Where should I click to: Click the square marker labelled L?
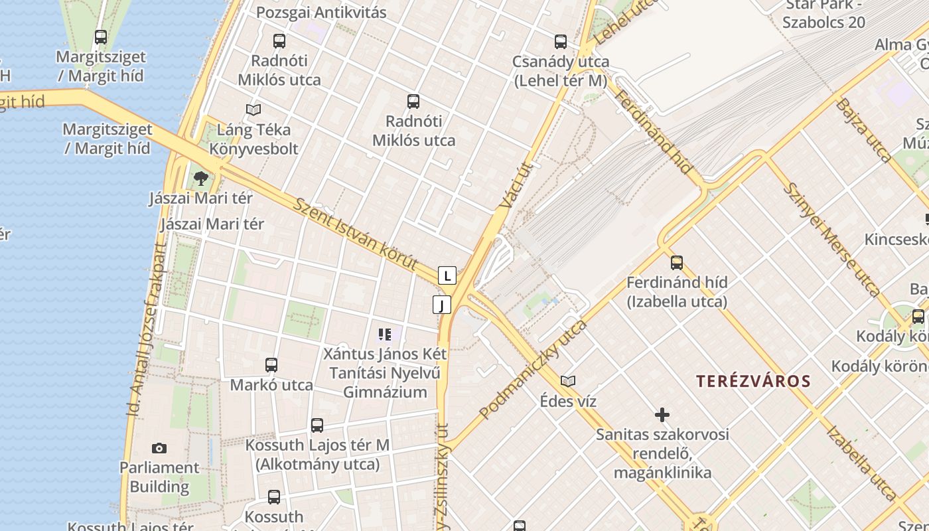pos(447,275)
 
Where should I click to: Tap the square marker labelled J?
pos(442,305)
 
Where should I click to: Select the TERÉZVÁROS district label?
pos(753,381)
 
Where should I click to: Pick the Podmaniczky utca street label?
pos(533,369)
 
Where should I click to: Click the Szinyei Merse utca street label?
pos(831,239)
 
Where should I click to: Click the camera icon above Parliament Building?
pos(159,448)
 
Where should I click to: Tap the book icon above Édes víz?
pos(568,381)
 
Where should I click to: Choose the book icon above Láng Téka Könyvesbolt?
pos(253,110)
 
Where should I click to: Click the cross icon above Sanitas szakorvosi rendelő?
pos(662,415)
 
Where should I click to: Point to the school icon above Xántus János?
pos(385,334)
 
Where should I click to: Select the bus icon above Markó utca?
pos(271,364)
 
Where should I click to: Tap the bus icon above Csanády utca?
pos(561,42)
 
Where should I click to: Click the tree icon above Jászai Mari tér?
pos(200,178)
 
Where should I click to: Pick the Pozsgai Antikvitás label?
pos(321,12)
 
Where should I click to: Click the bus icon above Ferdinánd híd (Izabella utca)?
pos(677,262)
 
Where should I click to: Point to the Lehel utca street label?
pos(621,23)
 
